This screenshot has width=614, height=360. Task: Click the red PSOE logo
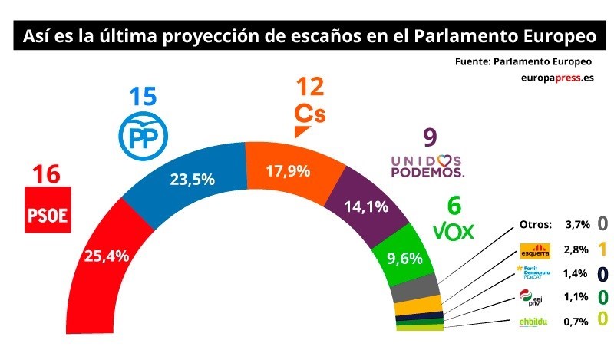click(48, 209)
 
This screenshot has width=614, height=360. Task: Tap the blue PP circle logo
click(143, 135)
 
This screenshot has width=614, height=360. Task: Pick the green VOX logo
click(454, 230)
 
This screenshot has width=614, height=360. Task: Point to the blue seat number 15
click(143, 97)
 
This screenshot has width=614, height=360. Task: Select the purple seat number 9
click(430, 138)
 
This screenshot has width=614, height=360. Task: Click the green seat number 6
click(454, 206)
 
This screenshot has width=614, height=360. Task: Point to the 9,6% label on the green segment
click(405, 258)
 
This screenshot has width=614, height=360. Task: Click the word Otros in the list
click(535, 224)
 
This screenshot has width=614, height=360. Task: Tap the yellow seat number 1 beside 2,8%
click(602, 249)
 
